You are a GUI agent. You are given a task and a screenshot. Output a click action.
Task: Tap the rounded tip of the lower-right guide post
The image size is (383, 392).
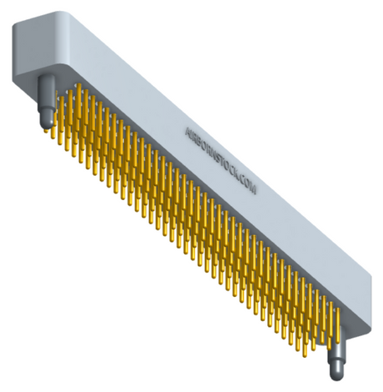pyautogui.click(x=337, y=373)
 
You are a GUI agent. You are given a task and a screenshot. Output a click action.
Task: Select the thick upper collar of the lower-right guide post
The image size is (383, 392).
pyautogui.click(x=337, y=342)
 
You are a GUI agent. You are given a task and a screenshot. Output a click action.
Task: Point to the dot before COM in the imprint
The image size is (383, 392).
pyautogui.click(x=239, y=178)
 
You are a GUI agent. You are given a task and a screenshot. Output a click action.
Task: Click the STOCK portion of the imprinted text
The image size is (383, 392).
pyautogui.click(x=227, y=167)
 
